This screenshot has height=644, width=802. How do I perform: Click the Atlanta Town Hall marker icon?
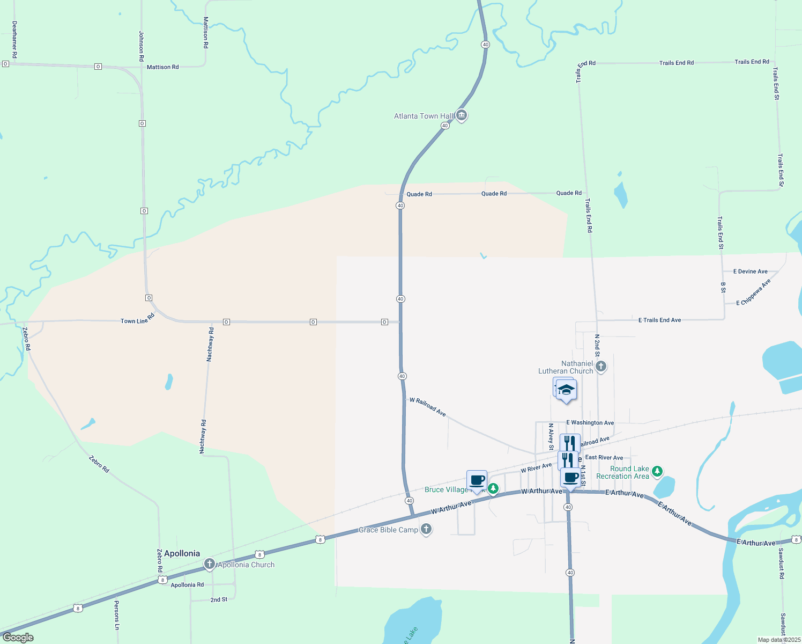pos(462,115)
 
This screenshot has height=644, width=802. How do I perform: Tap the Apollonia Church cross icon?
pos(210,564)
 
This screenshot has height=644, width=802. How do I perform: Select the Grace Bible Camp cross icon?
pos(426,530)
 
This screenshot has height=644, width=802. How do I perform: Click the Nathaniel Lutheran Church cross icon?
pos(601,367)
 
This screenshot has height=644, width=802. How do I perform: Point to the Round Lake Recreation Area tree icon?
pos(657,472)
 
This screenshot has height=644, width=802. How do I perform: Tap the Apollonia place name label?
pos(182,553)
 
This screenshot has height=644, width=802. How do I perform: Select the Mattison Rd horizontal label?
pos(163,67)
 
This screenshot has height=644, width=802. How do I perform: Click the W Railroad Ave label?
pos(428,407)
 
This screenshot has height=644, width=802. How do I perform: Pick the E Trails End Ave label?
pos(659,320)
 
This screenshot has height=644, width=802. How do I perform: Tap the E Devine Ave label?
pos(750,272)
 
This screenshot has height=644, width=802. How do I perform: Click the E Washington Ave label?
pos(590,423)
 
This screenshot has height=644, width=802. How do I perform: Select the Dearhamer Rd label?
pos(14,40)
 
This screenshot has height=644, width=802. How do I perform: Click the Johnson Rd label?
pos(142,46)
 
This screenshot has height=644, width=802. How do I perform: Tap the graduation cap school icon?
pos(566,390)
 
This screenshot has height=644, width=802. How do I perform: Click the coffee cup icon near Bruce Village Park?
pos(477,480)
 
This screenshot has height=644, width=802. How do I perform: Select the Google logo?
pos(18,638)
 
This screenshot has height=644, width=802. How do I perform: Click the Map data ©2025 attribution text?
pos(779,640)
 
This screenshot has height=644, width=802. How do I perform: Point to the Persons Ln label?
pos(116,615)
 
